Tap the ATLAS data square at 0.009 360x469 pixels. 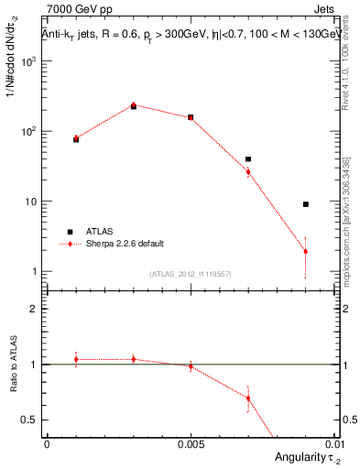pos(305,204)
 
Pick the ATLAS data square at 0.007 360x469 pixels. pos(248,159)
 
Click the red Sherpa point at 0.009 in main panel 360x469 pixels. pos(305,251)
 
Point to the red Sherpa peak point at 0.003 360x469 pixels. pos(134,105)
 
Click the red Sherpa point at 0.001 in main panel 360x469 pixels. pos(76,138)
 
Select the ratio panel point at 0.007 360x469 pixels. pos(248,398)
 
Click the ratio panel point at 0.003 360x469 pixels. pos(134,359)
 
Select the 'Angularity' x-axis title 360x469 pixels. pos(303,457)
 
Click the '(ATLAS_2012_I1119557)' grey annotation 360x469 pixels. pos(190,274)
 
